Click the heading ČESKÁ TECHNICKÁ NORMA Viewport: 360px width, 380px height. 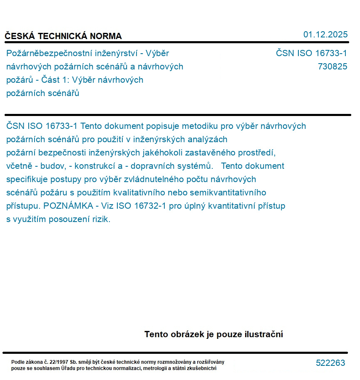coord(63,36)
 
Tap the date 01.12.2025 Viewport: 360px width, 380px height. coord(325,35)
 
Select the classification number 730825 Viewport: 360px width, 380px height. coord(332,67)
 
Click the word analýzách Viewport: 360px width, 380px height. coord(207,139)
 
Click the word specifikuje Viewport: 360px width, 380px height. coord(28,179)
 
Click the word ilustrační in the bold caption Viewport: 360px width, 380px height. coord(262,334)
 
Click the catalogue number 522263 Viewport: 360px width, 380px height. coord(330,363)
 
